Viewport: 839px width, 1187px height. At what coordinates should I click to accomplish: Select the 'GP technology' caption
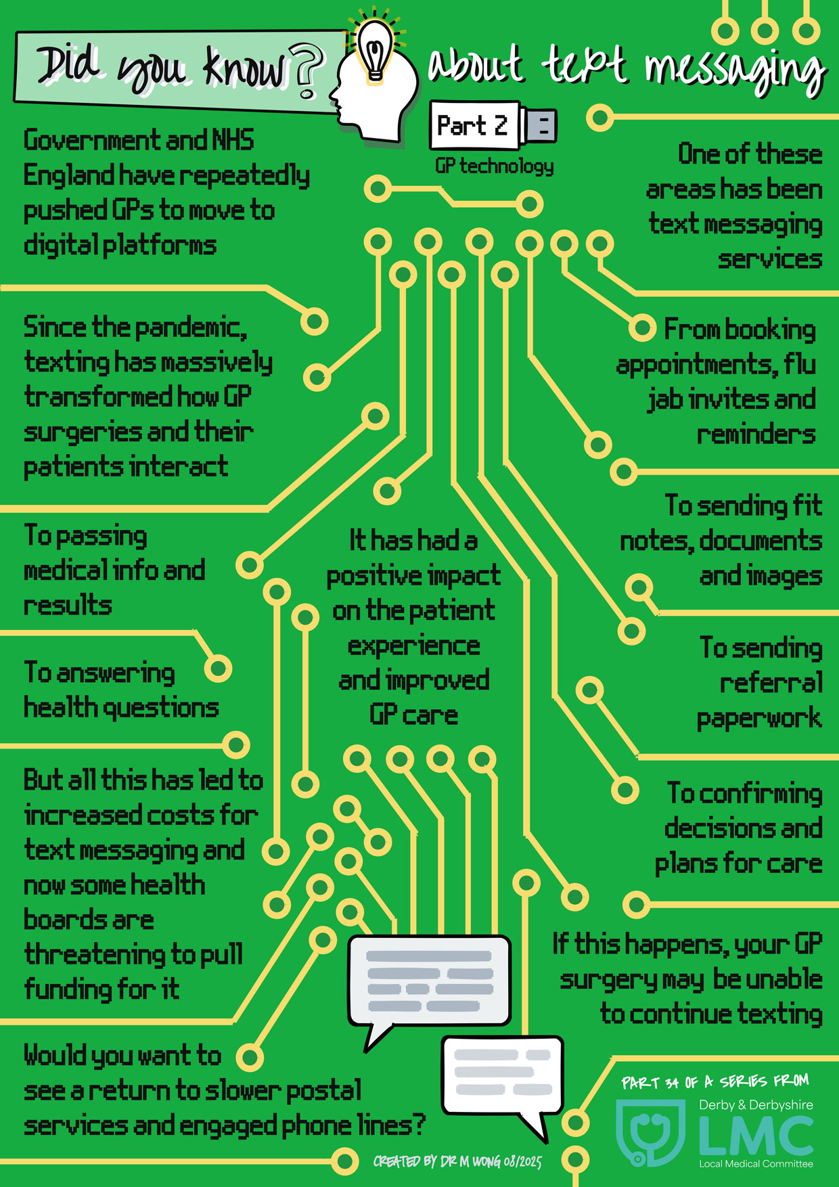494,166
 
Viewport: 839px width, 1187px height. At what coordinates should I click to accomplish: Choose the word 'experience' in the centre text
413,647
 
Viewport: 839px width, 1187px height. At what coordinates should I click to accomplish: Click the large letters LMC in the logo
756,1136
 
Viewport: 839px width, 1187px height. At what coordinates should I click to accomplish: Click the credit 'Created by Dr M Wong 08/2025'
457,1162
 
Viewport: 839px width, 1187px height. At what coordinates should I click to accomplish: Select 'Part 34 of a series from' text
715,1082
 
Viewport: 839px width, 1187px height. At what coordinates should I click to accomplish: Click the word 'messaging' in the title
734,71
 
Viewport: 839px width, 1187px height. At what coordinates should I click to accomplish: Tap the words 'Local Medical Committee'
756,1164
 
